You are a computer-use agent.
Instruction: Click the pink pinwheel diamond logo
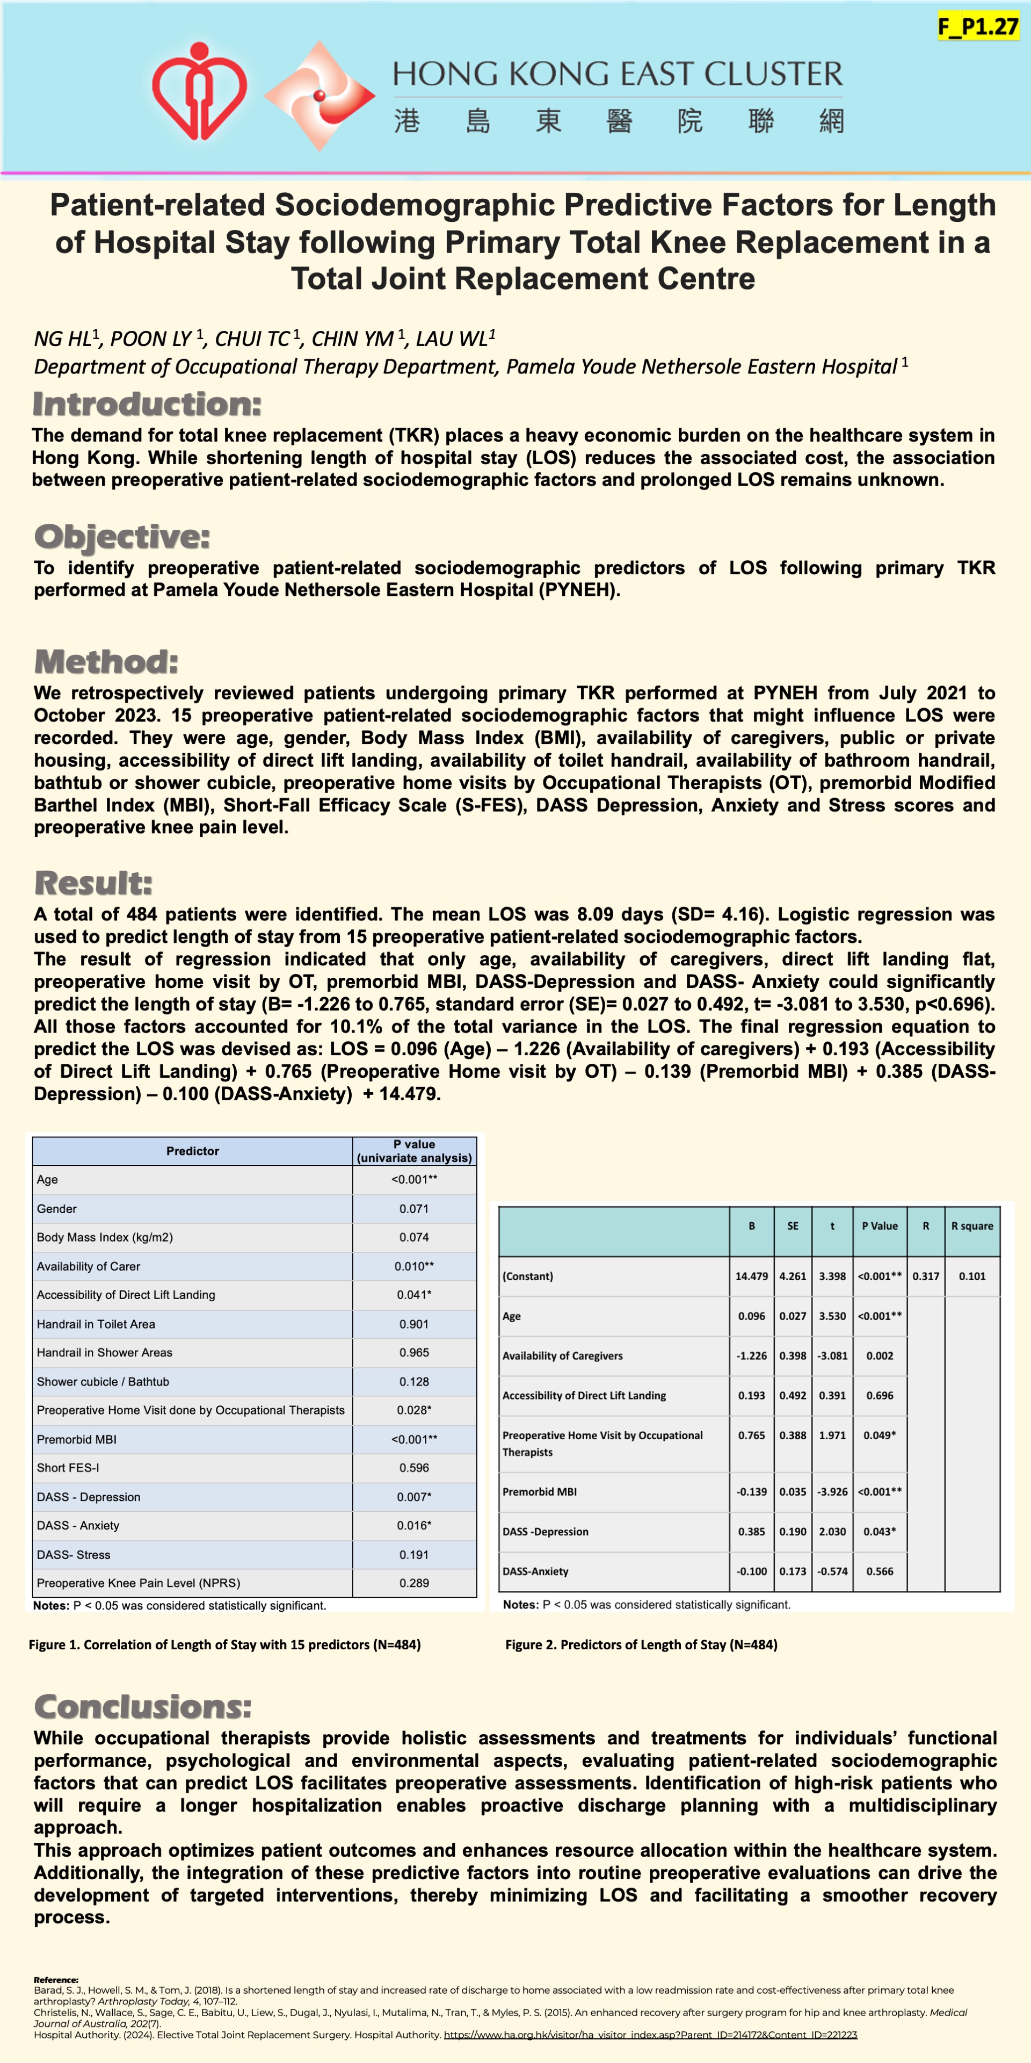click(320, 96)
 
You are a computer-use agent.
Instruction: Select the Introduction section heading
click(147, 405)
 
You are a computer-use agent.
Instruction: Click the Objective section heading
click(122, 537)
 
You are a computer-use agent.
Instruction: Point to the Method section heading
click(106, 662)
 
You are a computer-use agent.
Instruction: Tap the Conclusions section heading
click(142, 1707)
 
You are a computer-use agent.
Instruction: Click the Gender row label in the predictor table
click(57, 1208)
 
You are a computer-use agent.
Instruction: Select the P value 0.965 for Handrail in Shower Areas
click(414, 1353)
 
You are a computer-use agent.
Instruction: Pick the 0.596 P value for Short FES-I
click(414, 1468)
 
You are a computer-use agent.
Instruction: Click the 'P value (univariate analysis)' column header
click(415, 1151)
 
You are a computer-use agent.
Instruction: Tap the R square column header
click(972, 1226)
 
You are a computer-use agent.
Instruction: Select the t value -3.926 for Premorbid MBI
click(832, 1492)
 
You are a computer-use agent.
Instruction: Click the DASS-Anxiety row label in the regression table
click(535, 1571)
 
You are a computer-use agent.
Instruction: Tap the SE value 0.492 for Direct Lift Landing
click(793, 1395)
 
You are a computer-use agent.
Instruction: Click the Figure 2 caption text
click(641, 1644)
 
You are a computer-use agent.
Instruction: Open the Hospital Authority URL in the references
click(650, 2034)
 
